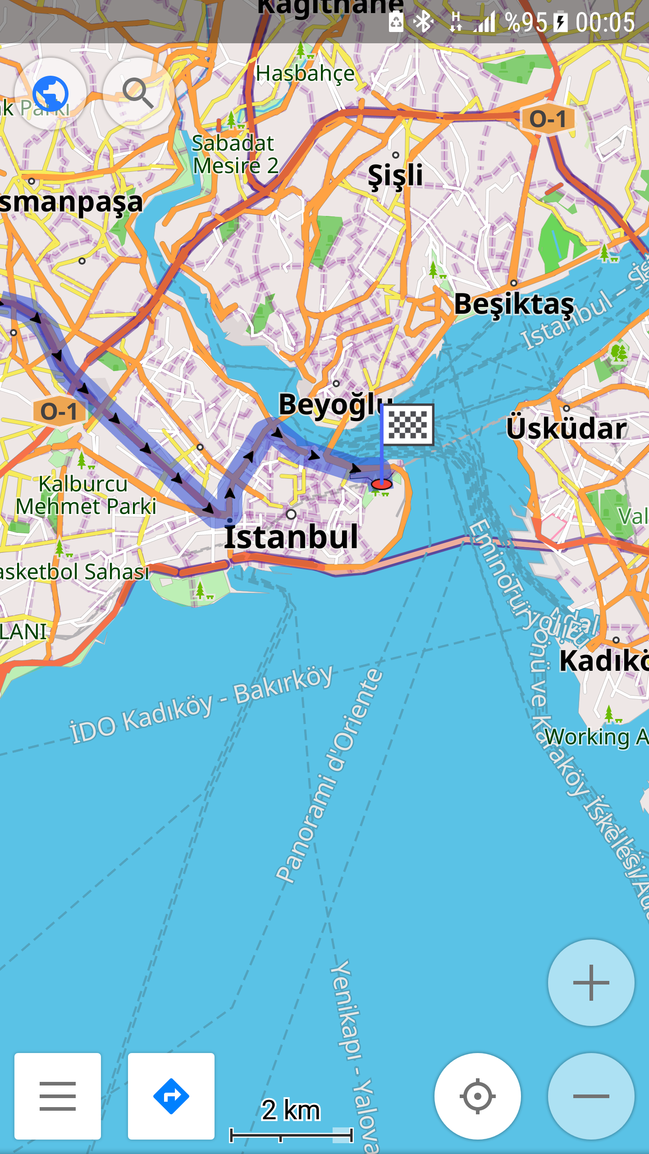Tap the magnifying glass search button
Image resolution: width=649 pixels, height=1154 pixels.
click(x=138, y=93)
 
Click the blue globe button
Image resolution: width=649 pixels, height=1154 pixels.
click(x=50, y=93)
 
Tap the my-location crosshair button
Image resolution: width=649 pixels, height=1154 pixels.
click(x=477, y=1096)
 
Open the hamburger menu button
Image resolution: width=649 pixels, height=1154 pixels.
click(x=58, y=1096)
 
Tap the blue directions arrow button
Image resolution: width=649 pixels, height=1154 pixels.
click(x=171, y=1096)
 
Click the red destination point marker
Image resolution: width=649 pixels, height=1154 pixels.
click(x=381, y=485)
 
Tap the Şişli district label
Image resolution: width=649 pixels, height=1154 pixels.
click(x=395, y=175)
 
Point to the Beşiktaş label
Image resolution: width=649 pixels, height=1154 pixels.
click(x=514, y=304)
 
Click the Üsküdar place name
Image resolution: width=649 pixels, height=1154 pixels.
click(x=566, y=428)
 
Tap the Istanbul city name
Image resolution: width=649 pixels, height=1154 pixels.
click(x=291, y=537)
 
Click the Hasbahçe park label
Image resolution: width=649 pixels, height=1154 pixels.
click(x=305, y=73)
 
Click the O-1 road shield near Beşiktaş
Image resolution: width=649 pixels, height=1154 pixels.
click(x=548, y=119)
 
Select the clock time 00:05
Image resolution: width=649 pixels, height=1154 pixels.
click(x=605, y=23)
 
